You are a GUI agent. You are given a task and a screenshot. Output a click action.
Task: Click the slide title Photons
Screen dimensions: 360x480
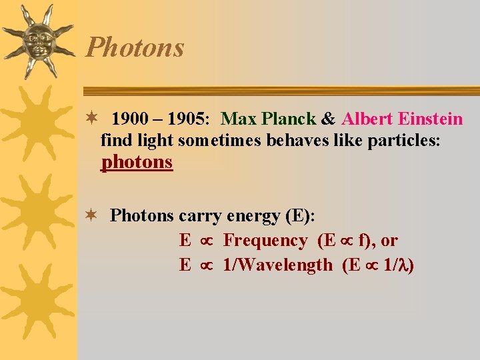pyautogui.click(x=135, y=48)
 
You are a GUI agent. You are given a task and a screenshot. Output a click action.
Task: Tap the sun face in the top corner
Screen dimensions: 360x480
pyautogui.click(x=37, y=40)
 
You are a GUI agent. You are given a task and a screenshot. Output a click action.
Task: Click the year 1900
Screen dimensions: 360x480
pyautogui.click(x=130, y=119)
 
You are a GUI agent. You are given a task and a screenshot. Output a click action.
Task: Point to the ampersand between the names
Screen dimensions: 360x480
pyautogui.click(x=328, y=119)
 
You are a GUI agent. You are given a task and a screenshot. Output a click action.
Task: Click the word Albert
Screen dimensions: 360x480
pyautogui.click(x=367, y=119)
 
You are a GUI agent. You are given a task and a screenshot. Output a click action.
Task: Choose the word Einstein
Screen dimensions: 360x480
pyautogui.click(x=430, y=119)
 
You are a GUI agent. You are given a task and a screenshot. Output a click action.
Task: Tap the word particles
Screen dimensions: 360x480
pyautogui.click(x=407, y=141)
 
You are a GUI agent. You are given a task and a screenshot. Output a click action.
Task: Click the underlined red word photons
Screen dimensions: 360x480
pyautogui.click(x=137, y=162)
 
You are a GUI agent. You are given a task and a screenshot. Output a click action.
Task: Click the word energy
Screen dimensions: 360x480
pyautogui.click(x=253, y=216)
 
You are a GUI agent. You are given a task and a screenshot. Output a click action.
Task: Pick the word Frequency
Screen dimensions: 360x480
pyautogui.click(x=265, y=240)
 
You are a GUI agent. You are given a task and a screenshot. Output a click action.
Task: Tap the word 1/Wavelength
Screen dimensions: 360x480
pyautogui.click(x=277, y=265)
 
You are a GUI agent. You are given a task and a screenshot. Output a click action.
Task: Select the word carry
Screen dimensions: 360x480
pyautogui.click(x=200, y=216)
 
